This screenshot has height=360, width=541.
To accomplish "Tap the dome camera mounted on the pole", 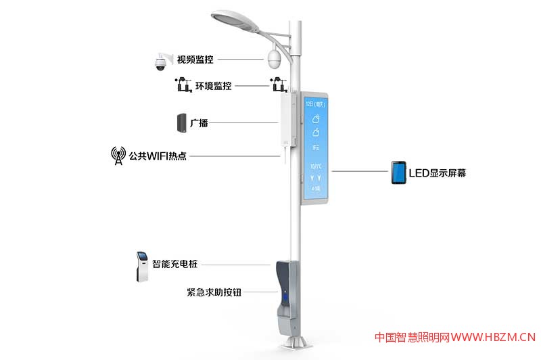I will (x=274, y=59).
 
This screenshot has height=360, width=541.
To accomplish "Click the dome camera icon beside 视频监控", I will (x=160, y=61).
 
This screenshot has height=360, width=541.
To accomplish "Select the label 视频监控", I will (x=195, y=60).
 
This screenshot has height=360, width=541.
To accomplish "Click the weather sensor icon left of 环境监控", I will (x=181, y=85).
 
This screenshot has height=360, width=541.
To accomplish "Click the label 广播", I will (x=199, y=123).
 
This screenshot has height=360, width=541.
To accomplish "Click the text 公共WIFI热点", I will (x=158, y=156).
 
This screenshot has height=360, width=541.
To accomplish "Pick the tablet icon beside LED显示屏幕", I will (x=398, y=173).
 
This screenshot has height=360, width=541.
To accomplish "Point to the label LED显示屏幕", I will (x=438, y=173).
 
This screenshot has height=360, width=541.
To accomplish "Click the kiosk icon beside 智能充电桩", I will (x=142, y=265).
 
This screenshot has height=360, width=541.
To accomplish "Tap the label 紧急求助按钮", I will (x=214, y=293).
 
